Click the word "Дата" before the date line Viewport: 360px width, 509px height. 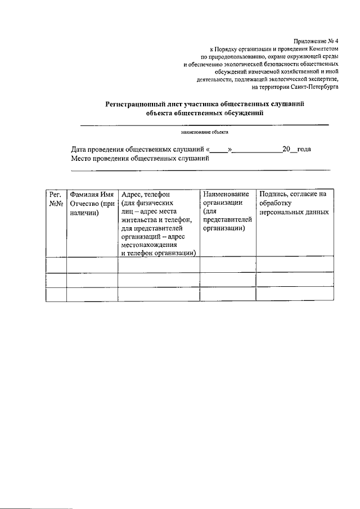click(x=80, y=150)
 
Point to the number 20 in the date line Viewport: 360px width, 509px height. click(x=285, y=150)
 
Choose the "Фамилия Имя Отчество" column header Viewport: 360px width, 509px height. click(x=92, y=203)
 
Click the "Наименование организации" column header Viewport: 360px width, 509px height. click(x=226, y=199)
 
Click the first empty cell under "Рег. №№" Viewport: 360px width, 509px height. click(x=55, y=264)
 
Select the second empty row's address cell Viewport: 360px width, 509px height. click(x=158, y=280)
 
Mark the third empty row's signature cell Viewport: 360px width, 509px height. click(x=294, y=295)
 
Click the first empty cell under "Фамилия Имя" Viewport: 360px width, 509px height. click(x=92, y=264)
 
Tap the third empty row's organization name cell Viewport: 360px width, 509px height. click(x=228, y=295)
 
